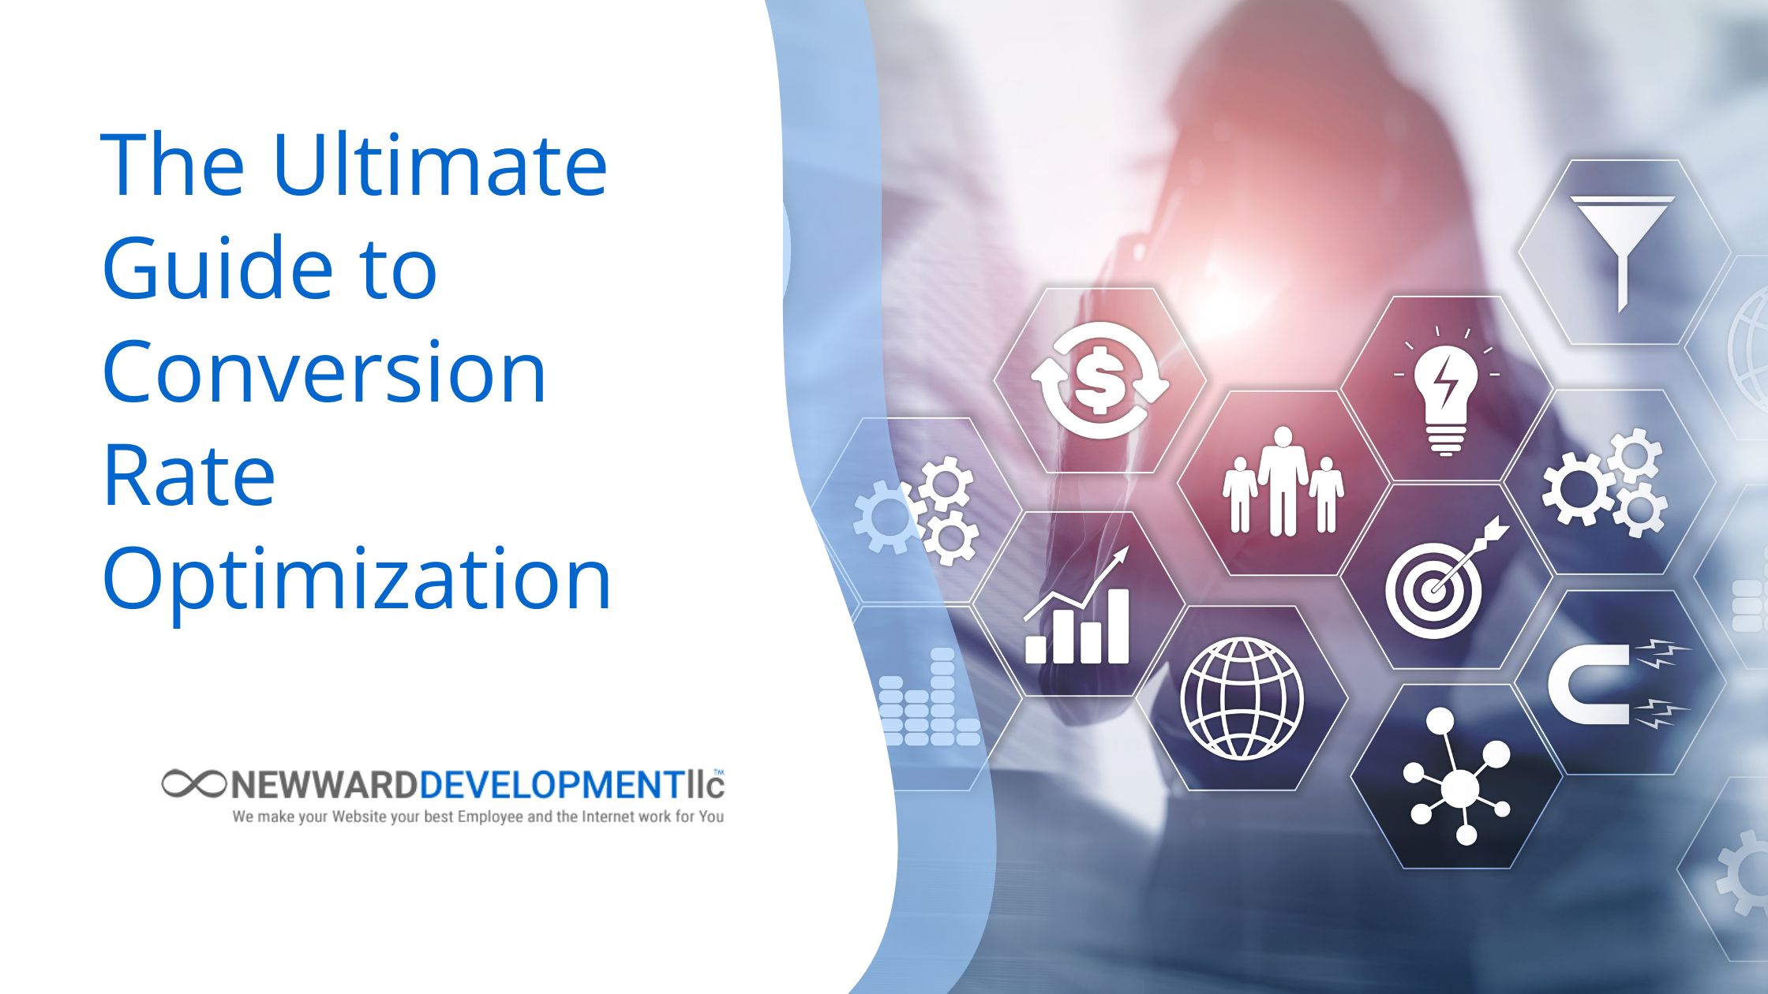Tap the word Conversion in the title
click(324, 372)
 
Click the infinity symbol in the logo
click(194, 783)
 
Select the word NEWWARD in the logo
click(324, 785)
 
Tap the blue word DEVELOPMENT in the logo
click(552, 785)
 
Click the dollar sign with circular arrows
click(1100, 380)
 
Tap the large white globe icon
click(1242, 698)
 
